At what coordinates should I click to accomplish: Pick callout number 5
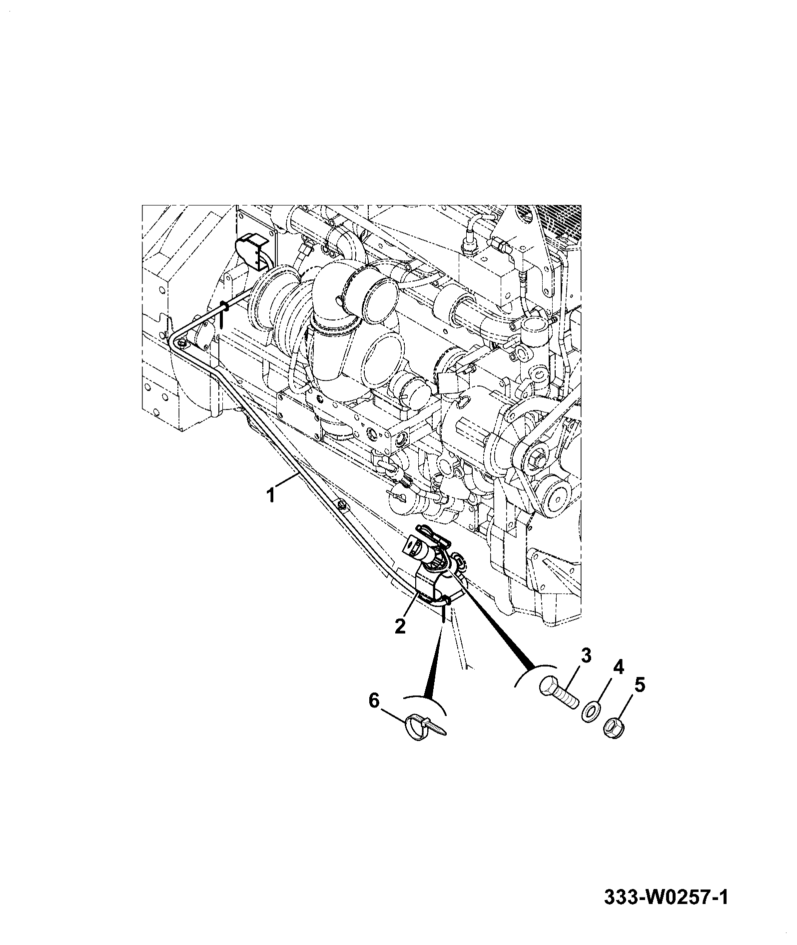point(639,684)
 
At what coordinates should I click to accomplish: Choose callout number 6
point(374,700)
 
